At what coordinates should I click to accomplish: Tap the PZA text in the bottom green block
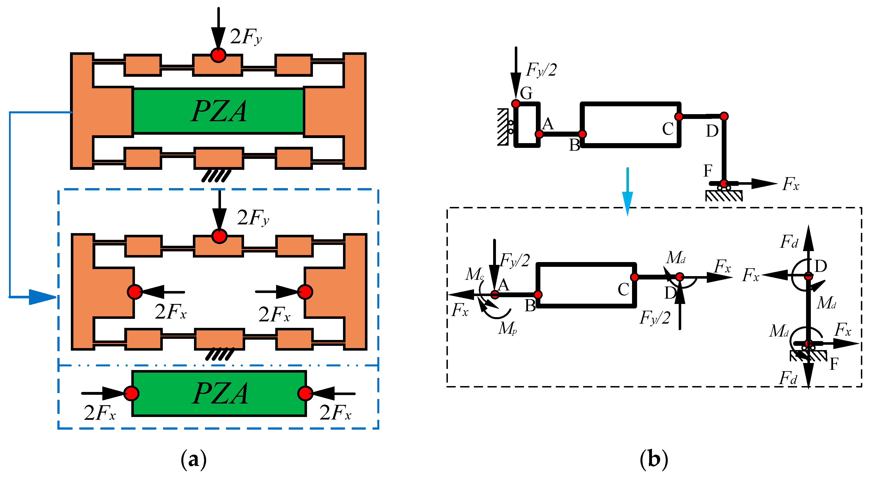(x=220, y=393)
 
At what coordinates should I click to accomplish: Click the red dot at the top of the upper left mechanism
(x=218, y=55)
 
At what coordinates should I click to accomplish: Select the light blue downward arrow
(x=628, y=191)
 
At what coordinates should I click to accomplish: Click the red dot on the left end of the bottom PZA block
(x=131, y=393)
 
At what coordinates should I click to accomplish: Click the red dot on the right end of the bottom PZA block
(x=305, y=393)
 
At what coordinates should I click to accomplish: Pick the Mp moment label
(x=507, y=328)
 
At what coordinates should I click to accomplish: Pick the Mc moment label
(x=474, y=274)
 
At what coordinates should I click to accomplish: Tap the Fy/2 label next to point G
(x=541, y=70)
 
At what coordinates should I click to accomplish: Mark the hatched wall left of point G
(x=503, y=127)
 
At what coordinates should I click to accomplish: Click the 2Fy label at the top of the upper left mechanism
(x=246, y=37)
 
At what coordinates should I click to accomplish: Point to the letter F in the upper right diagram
(x=708, y=171)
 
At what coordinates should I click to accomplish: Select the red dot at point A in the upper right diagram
(x=539, y=134)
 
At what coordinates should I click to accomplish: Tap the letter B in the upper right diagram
(x=574, y=145)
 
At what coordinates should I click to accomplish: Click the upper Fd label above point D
(x=789, y=242)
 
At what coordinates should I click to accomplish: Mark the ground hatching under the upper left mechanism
(x=216, y=176)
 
